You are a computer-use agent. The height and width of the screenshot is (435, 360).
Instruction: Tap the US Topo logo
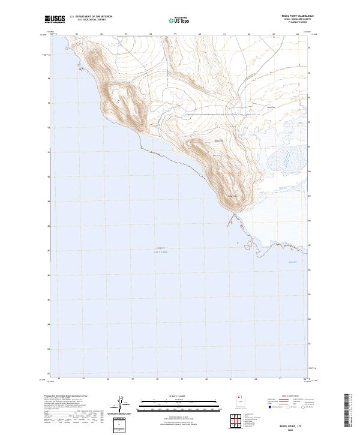(172, 19)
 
